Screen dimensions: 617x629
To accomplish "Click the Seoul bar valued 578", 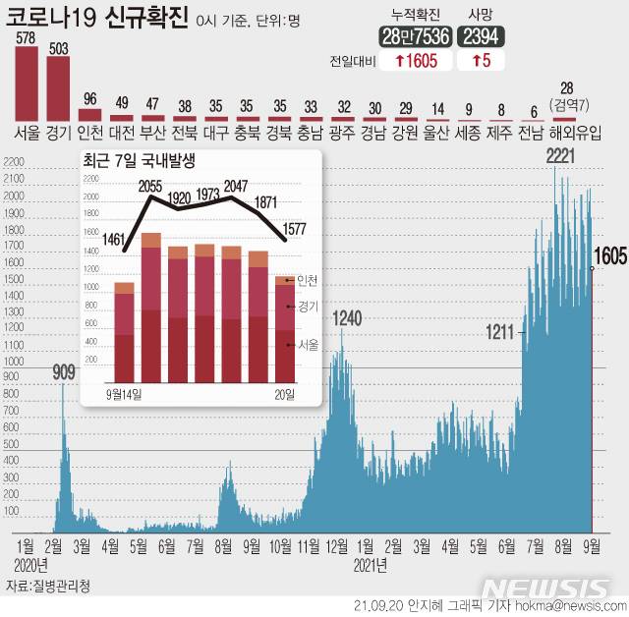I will [27, 83].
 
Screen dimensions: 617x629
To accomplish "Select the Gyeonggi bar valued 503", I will [59, 87].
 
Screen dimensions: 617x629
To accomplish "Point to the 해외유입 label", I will [575, 132].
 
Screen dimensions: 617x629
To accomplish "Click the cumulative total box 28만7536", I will [415, 36].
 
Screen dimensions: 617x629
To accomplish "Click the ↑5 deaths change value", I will [483, 61].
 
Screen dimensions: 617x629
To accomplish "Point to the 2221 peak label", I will [561, 156].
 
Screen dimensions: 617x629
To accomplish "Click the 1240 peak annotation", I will [348, 317].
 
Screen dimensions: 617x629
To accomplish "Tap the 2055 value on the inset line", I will [150, 187].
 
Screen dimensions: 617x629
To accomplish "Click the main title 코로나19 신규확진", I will [97, 19].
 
